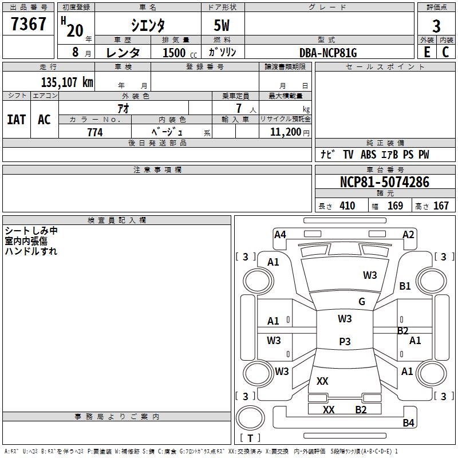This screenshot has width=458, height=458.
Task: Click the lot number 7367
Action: (x=29, y=25)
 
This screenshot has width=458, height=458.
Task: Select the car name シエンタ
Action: (x=148, y=26)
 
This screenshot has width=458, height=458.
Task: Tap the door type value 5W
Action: (x=222, y=26)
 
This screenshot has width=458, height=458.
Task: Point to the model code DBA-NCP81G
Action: (x=328, y=53)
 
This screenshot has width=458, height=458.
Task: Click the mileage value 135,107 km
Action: (x=67, y=82)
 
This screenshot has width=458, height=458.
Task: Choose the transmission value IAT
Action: (x=17, y=120)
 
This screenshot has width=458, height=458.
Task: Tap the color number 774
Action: (x=95, y=132)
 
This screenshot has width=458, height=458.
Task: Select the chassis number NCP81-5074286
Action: (x=384, y=182)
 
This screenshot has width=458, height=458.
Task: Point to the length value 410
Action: (x=347, y=206)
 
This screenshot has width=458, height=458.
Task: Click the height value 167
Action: (x=441, y=206)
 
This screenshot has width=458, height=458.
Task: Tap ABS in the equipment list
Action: (x=369, y=155)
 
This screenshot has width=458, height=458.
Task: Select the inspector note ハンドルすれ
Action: (x=31, y=251)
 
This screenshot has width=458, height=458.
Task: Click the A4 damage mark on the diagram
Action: (x=280, y=234)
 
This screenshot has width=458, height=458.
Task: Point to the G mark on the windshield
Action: (x=362, y=302)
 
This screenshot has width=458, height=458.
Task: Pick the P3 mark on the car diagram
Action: (x=345, y=342)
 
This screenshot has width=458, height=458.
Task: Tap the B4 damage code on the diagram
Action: (x=408, y=423)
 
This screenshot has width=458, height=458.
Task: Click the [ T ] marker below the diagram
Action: (x=250, y=438)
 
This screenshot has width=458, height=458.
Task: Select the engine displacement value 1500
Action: (x=174, y=53)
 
